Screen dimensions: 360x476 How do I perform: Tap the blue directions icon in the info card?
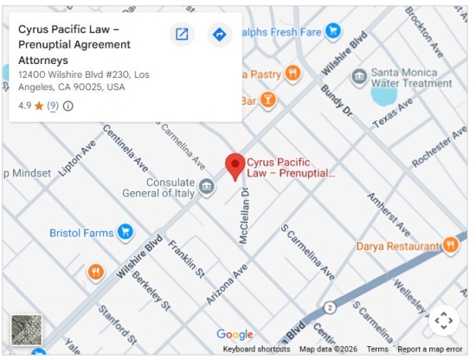point(219,35)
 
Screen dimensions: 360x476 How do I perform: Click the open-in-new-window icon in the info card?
point(182,35)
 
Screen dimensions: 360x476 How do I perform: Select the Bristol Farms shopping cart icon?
point(125,232)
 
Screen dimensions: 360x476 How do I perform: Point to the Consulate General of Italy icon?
point(206,186)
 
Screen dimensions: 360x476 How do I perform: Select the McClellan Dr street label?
point(245,217)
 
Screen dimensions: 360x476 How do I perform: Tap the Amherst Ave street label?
point(388,209)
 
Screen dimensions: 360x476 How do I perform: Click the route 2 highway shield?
point(330,307)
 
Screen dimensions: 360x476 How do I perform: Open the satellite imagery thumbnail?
point(26,330)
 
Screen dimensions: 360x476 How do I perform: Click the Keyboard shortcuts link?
point(256,350)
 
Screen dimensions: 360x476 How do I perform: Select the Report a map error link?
point(430,350)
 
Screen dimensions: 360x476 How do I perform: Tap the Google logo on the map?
point(235,335)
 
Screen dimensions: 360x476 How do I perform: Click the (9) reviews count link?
point(53,106)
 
